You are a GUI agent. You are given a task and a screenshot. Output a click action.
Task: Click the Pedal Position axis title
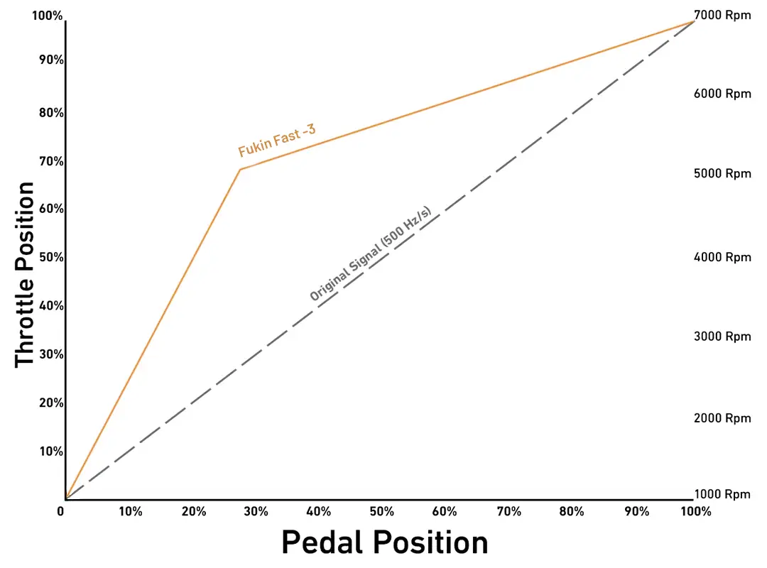tap(384, 543)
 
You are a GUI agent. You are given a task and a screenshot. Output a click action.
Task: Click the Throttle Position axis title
tap(26, 274)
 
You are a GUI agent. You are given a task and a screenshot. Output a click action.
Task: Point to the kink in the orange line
tap(240, 170)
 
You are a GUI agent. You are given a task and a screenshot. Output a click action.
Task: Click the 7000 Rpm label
tap(722, 15)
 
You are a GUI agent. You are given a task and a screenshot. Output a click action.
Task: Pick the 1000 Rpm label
tap(722, 494)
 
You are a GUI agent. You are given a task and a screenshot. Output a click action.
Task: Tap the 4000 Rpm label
tap(722, 257)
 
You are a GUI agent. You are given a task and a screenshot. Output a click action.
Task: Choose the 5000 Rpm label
tap(722, 173)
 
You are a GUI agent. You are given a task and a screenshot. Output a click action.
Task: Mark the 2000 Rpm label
tap(722, 418)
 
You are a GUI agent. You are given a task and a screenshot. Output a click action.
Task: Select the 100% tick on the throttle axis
tap(48, 15)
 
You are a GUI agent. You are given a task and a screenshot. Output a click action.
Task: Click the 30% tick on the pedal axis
tap(256, 511)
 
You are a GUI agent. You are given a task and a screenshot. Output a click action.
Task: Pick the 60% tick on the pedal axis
tap(445, 511)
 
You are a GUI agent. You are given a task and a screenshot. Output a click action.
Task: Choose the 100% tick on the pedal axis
tap(695, 511)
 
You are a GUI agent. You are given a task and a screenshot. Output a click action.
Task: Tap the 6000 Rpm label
tap(722, 94)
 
